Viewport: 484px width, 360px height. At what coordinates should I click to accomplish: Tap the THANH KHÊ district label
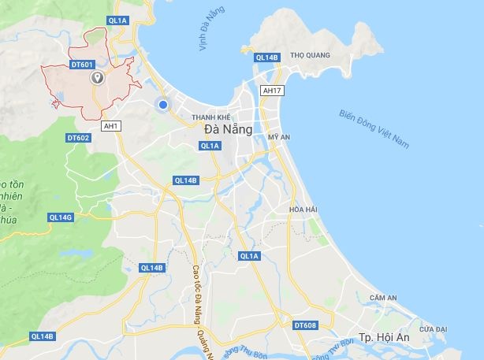pyautogui.click(x=210, y=117)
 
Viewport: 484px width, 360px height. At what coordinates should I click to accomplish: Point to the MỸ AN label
pyautogui.click(x=279, y=136)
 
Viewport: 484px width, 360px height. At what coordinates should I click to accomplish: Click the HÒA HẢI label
pyautogui.click(x=303, y=209)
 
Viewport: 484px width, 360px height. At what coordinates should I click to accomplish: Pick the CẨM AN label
pyautogui.click(x=382, y=298)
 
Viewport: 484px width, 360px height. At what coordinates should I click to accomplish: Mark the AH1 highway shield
pyautogui.click(x=110, y=124)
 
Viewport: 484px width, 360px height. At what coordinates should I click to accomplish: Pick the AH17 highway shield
pyautogui.click(x=272, y=91)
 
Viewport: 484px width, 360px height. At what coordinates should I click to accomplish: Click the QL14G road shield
pyautogui.click(x=61, y=217)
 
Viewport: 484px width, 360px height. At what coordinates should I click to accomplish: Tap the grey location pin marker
pyautogui.click(x=98, y=77)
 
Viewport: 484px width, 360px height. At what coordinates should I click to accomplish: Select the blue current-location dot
pyautogui.click(x=163, y=104)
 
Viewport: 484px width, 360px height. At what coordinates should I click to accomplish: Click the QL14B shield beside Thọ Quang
pyautogui.click(x=267, y=58)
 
